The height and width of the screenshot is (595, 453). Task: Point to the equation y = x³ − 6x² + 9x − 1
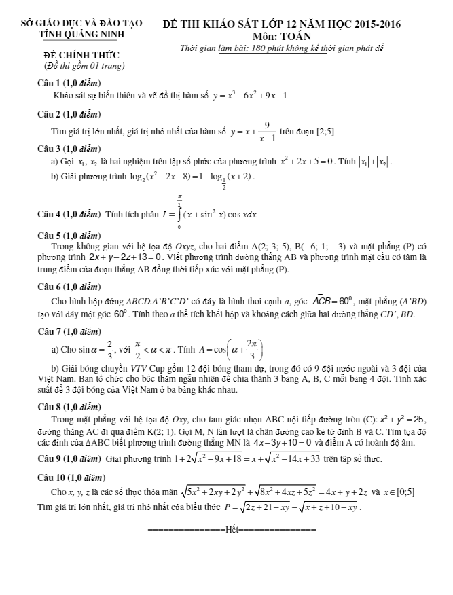[x=249, y=96]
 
